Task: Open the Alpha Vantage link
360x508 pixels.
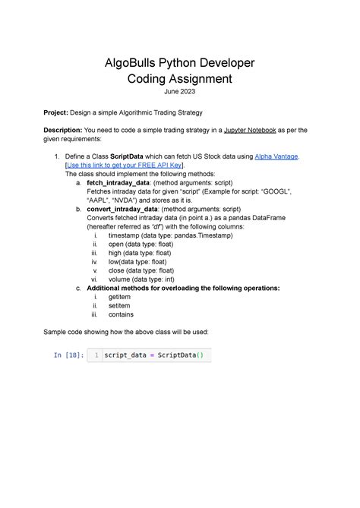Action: [x=276, y=156]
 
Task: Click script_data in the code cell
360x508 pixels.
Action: [x=127, y=355]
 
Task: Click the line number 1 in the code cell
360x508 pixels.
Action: [x=96, y=355]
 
